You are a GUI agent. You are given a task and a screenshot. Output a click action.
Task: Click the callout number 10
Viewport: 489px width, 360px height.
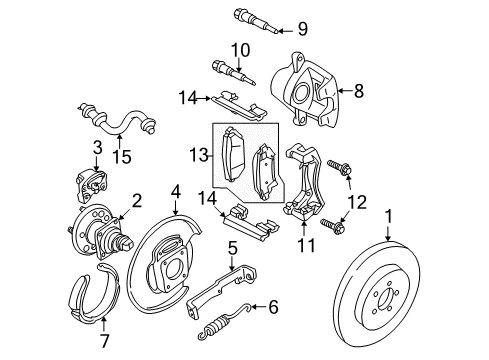pos(241,49)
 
